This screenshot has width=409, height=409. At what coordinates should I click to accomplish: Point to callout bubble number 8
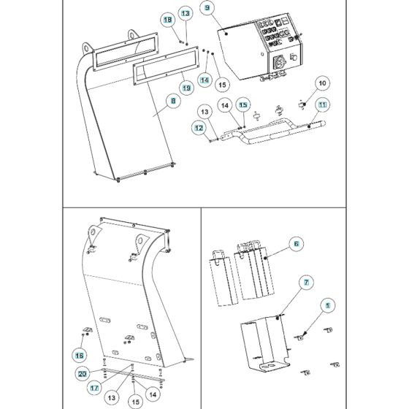[172, 102]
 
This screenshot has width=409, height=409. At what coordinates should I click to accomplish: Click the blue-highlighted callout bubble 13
[185, 14]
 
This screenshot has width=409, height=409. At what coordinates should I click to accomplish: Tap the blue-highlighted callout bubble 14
[205, 79]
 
